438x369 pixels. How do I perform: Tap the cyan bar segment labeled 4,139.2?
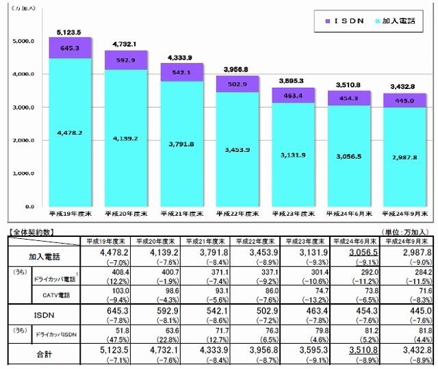127,138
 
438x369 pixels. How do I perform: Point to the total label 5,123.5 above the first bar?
70,32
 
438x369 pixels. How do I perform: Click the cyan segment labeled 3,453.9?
238,149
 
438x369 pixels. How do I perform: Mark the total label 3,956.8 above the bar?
238,70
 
